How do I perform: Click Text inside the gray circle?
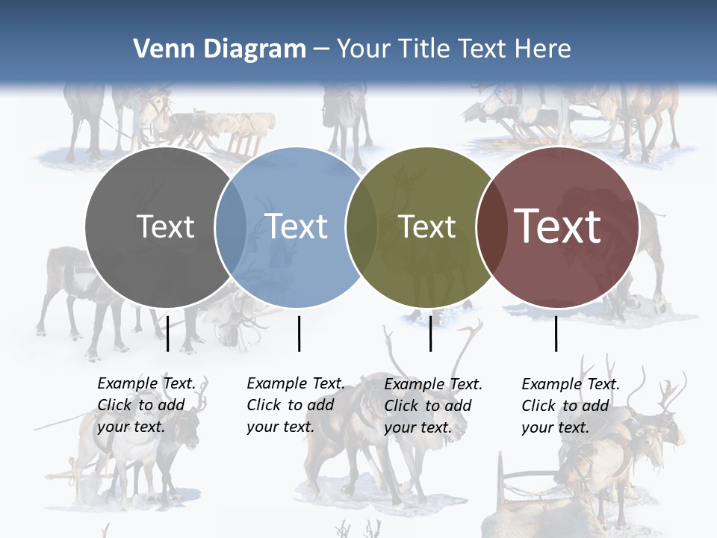pyautogui.click(x=165, y=226)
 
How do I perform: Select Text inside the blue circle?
pyautogui.click(x=297, y=226)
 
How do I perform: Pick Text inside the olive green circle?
pyautogui.click(x=426, y=226)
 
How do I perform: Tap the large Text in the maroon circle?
pyautogui.click(x=558, y=226)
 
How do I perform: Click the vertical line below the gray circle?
pyautogui.click(x=167, y=333)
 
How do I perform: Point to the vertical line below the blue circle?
pyautogui.click(x=299, y=333)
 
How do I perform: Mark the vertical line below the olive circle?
pyautogui.click(x=430, y=333)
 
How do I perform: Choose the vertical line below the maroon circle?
pyautogui.click(x=556, y=333)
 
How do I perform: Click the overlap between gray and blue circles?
pyautogui.click(x=232, y=227)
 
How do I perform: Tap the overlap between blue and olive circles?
pyautogui.click(x=361, y=227)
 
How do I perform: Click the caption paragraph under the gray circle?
pyautogui.click(x=146, y=406)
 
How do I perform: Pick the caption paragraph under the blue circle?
pyautogui.click(x=295, y=406)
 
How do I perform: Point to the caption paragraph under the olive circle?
pyautogui.click(x=432, y=406)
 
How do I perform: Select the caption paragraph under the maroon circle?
pyautogui.click(x=570, y=406)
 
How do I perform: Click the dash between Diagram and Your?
pyautogui.click(x=321, y=50)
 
